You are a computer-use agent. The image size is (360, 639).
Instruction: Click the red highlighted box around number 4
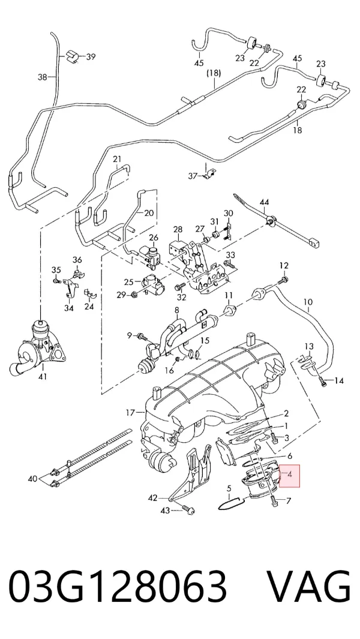[289, 476]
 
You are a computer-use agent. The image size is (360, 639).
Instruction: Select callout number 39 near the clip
[91, 56]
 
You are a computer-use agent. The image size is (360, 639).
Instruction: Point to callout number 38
[43, 76]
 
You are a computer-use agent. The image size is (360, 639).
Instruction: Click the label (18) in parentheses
[214, 73]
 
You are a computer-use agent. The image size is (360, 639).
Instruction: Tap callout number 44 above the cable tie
[264, 202]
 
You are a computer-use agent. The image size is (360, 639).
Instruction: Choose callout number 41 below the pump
[43, 377]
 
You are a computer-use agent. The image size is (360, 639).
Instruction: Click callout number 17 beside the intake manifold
[130, 413]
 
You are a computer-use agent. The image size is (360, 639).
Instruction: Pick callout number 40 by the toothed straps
[32, 478]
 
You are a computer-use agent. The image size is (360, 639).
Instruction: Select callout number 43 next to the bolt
[165, 510]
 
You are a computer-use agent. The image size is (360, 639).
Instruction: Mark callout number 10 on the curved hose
[308, 302]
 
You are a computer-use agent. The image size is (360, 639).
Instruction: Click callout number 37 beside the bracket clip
[193, 176]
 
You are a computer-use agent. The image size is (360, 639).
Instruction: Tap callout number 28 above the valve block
[178, 230]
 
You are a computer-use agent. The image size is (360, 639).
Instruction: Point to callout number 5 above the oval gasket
[229, 488]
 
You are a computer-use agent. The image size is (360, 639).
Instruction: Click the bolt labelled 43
[189, 510]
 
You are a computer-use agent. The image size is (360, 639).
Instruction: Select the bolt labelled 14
[324, 382]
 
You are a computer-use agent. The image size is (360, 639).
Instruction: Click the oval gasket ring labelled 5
[231, 504]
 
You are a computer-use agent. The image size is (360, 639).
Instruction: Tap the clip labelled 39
[71, 56]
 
